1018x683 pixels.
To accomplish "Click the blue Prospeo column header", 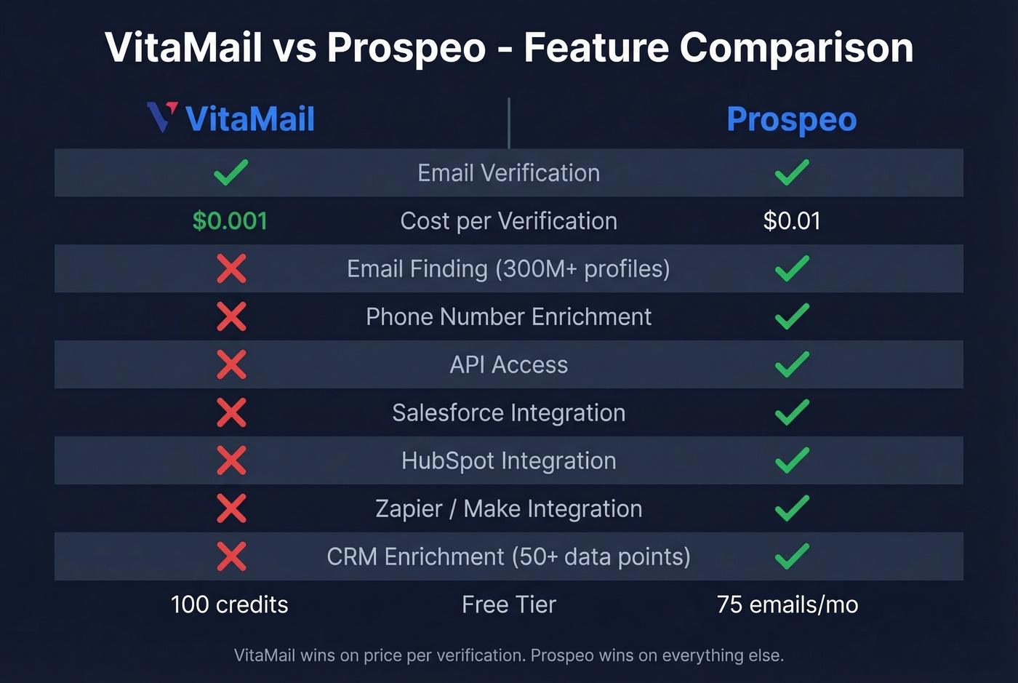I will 791,119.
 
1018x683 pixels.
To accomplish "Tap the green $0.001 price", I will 230,221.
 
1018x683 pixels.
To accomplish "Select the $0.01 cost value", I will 792,221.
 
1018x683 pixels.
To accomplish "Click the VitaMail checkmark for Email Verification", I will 231,172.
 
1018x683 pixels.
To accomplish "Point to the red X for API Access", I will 231,364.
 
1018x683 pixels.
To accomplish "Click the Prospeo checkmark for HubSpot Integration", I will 792,460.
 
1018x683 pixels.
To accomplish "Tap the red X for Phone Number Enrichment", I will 231,316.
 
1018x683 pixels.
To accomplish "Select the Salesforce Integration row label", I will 508,413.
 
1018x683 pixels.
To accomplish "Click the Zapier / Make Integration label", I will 508,509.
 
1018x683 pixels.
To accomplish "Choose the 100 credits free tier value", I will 230,604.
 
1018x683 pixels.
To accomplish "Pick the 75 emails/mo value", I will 787,604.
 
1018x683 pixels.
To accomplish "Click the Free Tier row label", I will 508,604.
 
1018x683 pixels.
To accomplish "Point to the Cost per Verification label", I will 508,221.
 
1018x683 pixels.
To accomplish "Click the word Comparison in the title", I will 795,48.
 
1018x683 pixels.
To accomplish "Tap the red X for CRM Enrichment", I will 231,556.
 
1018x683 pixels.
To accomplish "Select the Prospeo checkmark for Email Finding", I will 792,268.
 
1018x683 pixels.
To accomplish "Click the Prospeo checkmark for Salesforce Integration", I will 792,412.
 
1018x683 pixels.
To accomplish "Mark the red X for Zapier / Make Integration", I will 231,508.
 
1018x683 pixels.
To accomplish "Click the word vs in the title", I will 294,48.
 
